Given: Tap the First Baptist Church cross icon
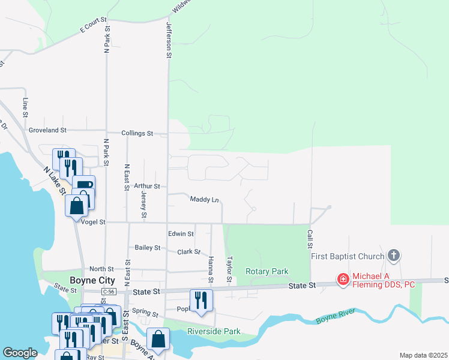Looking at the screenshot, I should pos(394,256).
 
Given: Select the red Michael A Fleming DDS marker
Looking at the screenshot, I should pos(343,280).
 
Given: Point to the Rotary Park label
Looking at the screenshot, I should pos(267,271).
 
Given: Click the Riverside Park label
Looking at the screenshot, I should pos(214,331).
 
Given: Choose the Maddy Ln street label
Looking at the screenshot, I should pos(204,199).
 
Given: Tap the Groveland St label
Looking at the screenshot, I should pos(47,130).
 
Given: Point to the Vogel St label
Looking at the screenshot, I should pos(93,221).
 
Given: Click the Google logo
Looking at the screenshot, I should pos(20,353).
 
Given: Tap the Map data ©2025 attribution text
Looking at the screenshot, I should pos(423,355).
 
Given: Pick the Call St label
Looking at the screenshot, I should pos(310,239).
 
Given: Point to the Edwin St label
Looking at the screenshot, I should pos(181,233).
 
